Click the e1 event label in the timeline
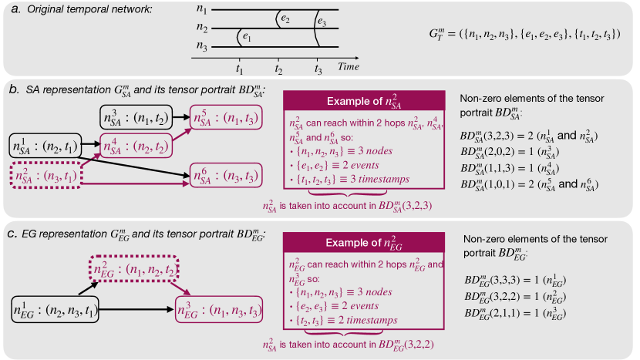[247, 36]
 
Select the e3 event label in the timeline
[322, 23]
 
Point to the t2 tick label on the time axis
[278, 69]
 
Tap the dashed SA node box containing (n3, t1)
[44, 177]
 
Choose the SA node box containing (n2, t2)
[136, 145]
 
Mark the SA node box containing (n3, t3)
[227, 177]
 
